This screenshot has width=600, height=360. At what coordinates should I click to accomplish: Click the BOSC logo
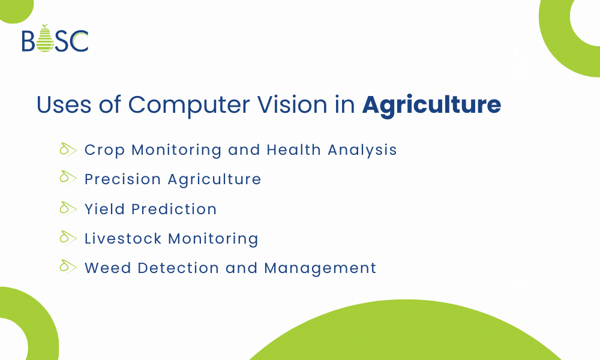[55, 39]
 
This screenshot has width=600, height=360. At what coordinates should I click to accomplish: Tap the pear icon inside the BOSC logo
[45, 39]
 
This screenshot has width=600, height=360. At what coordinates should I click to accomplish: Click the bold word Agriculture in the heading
[431, 105]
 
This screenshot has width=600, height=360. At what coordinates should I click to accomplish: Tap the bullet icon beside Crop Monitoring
[68, 149]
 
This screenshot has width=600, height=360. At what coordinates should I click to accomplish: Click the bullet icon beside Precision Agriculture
[68, 179]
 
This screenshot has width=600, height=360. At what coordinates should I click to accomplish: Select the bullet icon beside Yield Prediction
[68, 209]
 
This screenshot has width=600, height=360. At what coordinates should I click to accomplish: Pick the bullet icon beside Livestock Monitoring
[68, 238]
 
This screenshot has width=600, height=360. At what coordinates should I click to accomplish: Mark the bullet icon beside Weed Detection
[68, 268]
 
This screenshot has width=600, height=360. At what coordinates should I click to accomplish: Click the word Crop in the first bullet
[105, 150]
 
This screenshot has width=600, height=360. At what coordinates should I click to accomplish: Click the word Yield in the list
[104, 209]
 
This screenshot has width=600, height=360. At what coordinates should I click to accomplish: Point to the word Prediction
[174, 209]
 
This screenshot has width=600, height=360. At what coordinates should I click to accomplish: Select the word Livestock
[123, 238]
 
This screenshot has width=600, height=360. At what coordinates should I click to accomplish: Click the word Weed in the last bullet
[107, 268]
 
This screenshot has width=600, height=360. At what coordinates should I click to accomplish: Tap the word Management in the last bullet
[320, 268]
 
